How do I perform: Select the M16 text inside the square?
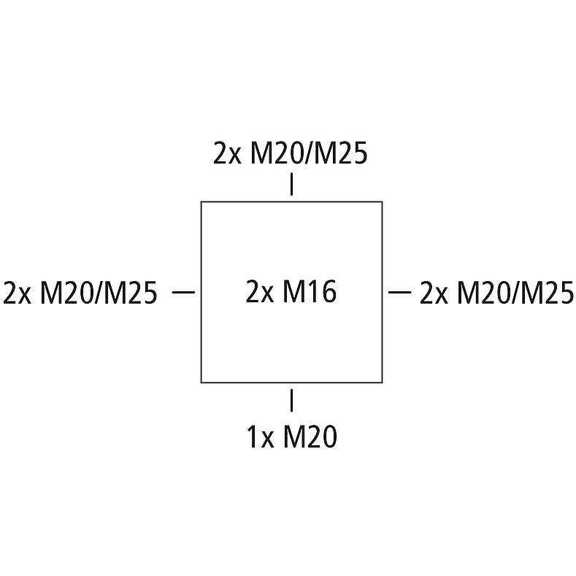[x=310, y=292]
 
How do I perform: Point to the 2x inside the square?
[x=259, y=292]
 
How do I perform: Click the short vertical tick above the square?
[x=292, y=185]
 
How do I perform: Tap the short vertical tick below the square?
[x=292, y=400]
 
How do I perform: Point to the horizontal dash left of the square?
[x=184, y=292]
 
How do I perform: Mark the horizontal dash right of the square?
[x=400, y=292]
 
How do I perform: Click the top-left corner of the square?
[x=201, y=201]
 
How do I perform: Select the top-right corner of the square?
[x=383, y=201]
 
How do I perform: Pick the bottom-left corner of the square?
[x=201, y=382]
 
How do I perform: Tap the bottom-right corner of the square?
[x=383, y=382]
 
